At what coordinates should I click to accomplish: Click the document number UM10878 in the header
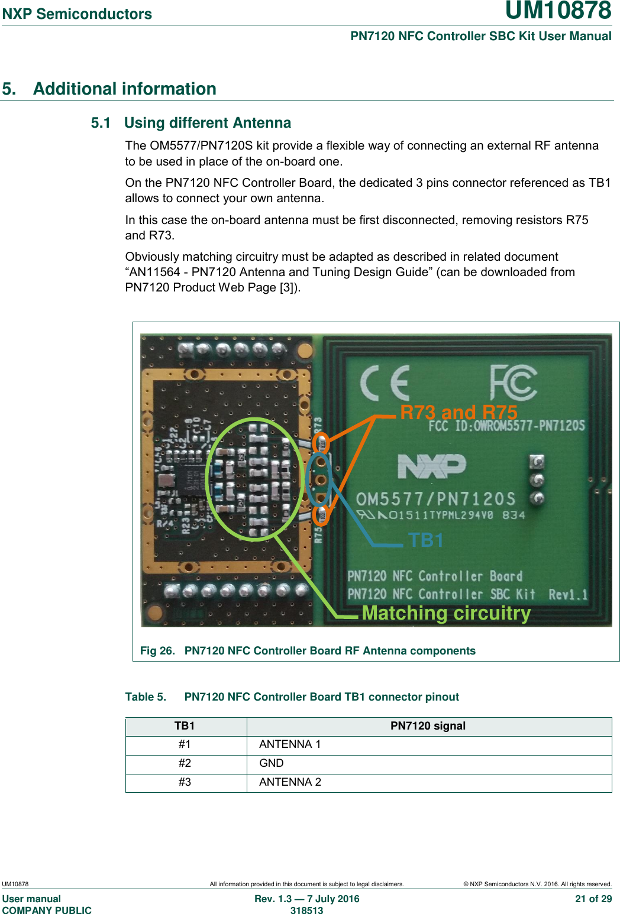coord(558,11)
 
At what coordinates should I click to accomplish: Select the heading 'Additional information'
coord(124,89)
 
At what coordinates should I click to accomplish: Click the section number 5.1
coord(101,123)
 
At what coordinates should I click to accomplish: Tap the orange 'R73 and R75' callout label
coord(458,412)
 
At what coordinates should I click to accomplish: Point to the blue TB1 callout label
coord(425,540)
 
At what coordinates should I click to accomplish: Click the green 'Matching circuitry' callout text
coord(446,613)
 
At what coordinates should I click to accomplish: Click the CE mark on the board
coord(385,383)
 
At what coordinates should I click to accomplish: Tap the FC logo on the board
coord(513,383)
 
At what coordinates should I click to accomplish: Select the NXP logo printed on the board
coord(432,466)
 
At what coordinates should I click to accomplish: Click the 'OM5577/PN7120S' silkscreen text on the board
coord(435,499)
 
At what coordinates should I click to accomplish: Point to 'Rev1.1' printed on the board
coord(567,594)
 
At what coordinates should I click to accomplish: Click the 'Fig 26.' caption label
coord(157,651)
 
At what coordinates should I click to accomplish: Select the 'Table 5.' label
coord(146,697)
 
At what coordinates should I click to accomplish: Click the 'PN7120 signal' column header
coord(428,726)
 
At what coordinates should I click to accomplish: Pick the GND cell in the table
coord(272,763)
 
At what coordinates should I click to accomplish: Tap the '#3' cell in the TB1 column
coord(185,782)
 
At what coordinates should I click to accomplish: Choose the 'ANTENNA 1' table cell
coord(290,744)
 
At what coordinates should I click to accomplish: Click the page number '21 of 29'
coord(593,899)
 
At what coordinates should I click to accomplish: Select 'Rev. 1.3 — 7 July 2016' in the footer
coord(306,899)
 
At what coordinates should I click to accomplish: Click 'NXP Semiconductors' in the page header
coord(77,14)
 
